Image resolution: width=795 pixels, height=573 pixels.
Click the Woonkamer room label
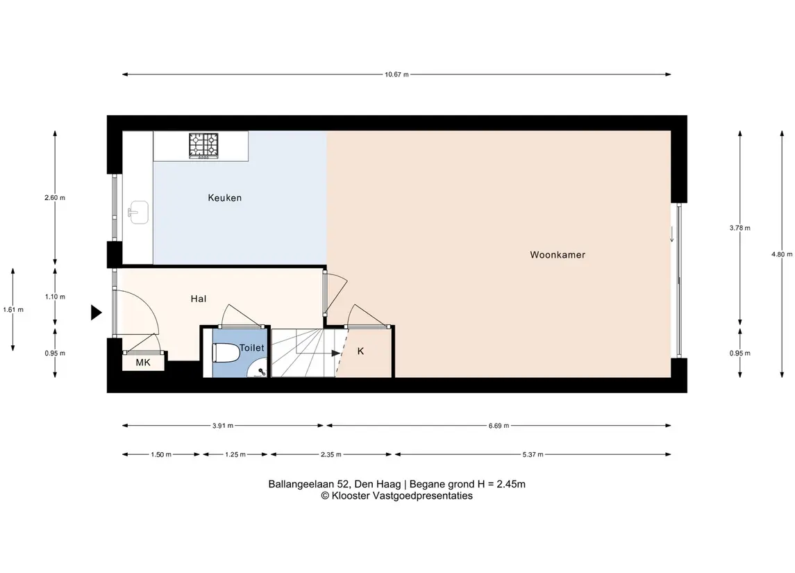(558, 255)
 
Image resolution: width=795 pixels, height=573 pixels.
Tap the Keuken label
(224, 198)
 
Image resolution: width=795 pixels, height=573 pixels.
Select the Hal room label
(199, 299)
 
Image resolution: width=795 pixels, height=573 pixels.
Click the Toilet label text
(251, 347)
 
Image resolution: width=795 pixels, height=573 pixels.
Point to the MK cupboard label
(143, 363)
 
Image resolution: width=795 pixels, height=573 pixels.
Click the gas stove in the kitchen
(203, 146)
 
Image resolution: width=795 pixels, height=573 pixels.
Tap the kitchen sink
(138, 211)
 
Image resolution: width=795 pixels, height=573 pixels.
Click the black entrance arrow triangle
(96, 313)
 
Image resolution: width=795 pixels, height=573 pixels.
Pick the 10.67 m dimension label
(396, 74)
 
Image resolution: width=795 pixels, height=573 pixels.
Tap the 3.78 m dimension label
(739, 229)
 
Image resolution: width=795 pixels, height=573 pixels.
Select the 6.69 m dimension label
(499, 426)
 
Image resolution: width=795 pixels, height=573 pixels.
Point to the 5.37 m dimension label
(533, 454)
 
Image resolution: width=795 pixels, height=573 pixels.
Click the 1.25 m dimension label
(235, 454)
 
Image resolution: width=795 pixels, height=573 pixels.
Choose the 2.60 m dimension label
(55, 198)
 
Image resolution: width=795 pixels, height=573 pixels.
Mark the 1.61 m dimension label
(13, 309)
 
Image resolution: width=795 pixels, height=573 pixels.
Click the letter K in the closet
(360, 351)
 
